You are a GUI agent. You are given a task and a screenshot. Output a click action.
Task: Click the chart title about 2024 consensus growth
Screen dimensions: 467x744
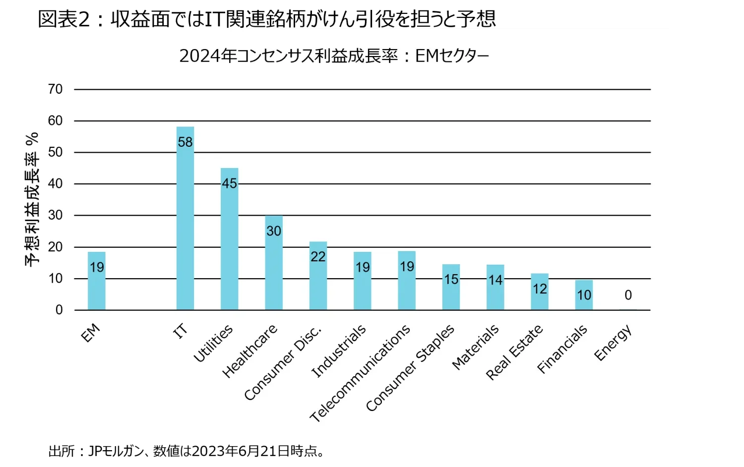tap(334, 56)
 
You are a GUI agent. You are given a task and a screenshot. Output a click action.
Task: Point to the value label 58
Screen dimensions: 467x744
tap(185, 142)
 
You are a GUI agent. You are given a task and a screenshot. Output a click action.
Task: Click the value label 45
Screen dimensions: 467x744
tap(229, 183)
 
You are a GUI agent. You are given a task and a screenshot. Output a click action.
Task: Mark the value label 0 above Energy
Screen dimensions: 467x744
tap(628, 295)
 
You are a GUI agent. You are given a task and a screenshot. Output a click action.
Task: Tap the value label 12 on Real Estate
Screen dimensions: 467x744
tap(540, 289)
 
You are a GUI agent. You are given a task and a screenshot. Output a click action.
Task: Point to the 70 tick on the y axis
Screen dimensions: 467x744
tap(56, 89)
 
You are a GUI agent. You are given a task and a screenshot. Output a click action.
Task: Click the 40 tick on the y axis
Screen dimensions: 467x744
tap(56, 184)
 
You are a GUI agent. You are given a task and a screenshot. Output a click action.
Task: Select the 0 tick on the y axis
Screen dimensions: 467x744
tap(59, 310)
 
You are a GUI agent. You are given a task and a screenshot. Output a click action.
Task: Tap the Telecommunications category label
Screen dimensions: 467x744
tap(360, 373)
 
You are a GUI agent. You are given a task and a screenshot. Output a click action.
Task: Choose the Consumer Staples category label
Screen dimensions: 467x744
tap(410, 367)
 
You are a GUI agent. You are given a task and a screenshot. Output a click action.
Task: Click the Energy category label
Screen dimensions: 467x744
tap(613, 343)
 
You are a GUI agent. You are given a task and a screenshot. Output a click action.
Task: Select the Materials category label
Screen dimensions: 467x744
tap(475, 347)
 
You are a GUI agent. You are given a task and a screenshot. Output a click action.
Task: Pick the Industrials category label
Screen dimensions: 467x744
tap(339, 350)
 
